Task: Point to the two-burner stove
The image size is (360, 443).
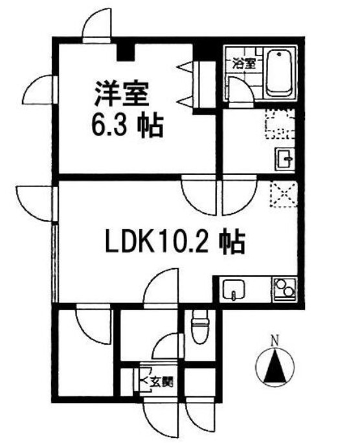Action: [284, 289]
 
